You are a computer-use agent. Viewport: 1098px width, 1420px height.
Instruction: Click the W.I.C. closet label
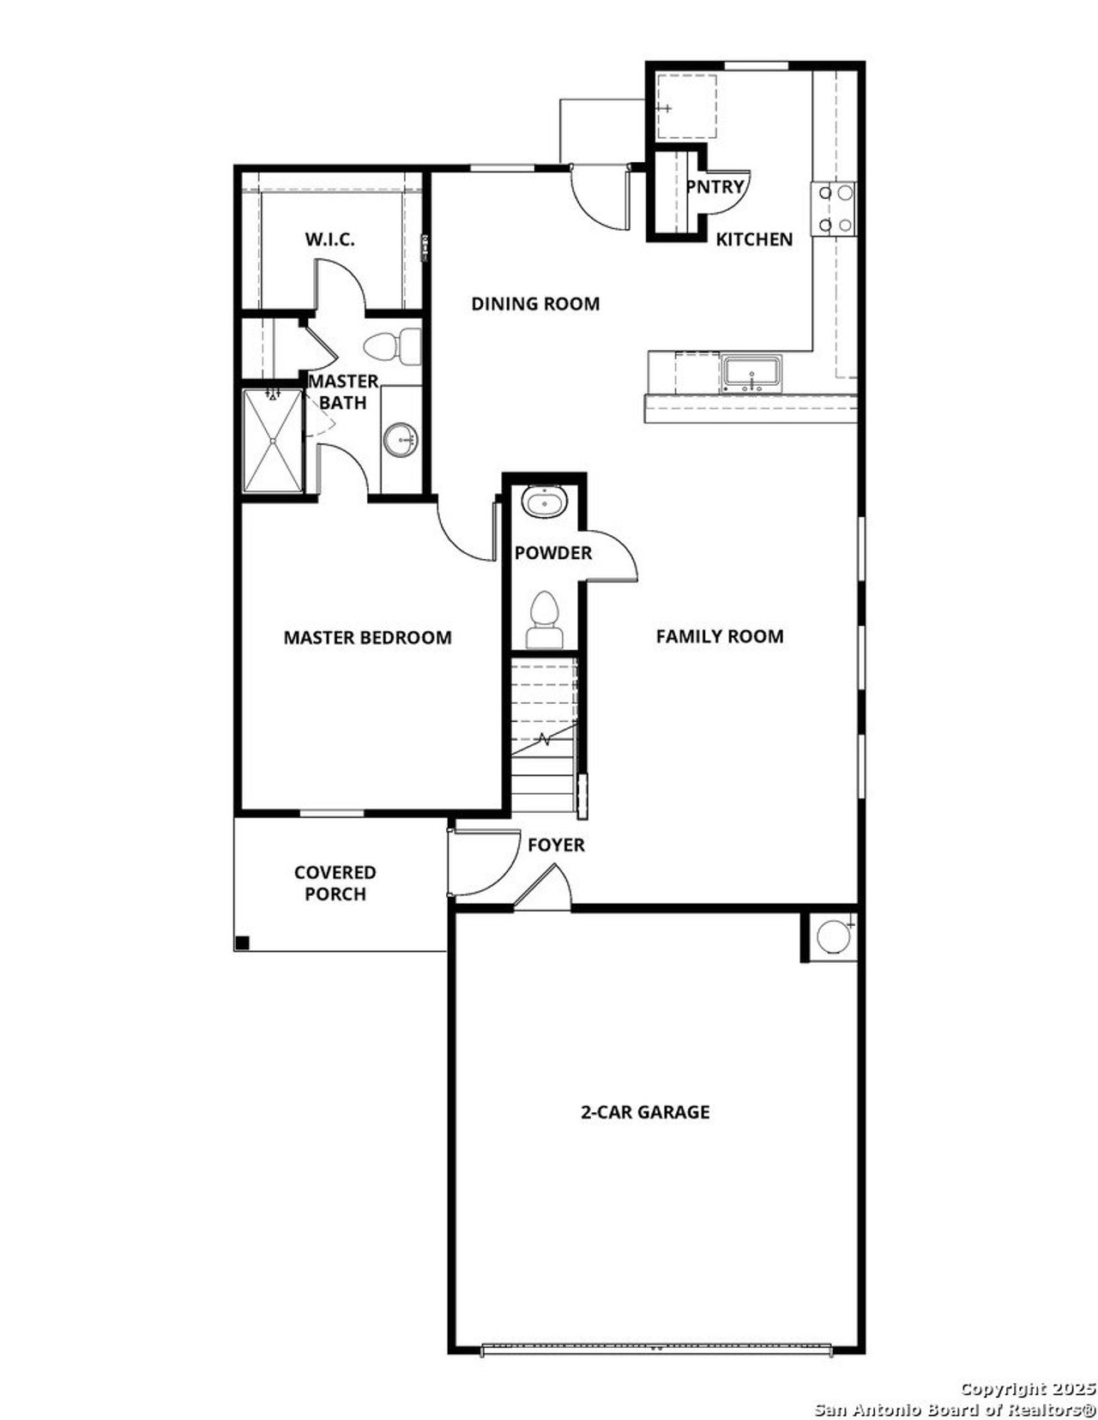point(329,239)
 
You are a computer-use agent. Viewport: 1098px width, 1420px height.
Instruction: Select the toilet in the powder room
point(544,620)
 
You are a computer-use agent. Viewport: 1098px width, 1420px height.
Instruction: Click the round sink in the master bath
point(401,441)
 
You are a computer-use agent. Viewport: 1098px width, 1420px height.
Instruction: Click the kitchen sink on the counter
point(751,373)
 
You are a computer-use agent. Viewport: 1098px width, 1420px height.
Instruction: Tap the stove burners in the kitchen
point(834,208)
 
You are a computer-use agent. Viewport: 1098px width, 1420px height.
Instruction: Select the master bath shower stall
point(272,441)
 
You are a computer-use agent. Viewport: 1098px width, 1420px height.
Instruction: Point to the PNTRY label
point(715,185)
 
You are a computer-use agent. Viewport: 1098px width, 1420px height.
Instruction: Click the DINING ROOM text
point(535,304)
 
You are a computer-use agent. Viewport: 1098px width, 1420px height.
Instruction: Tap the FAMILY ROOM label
point(719,636)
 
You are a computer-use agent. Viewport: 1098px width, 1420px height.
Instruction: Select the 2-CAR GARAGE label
point(645,1112)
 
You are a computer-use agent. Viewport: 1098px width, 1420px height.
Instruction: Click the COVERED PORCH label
point(335,883)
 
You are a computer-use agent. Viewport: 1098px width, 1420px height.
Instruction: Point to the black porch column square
point(242,943)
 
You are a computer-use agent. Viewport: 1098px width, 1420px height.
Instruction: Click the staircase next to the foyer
point(544,734)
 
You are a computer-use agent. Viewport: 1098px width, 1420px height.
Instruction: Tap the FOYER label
point(556,845)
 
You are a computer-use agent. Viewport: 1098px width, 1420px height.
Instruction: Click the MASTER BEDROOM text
point(367,638)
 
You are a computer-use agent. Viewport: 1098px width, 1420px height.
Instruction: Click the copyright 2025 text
point(1028,1388)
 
